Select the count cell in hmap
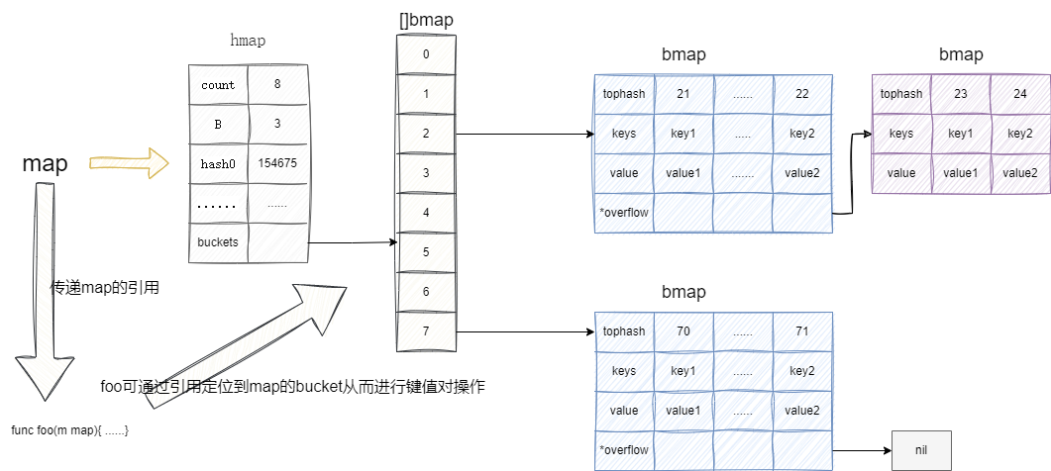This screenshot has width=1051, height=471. [x=218, y=85]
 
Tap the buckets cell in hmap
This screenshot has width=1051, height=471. [x=218, y=242]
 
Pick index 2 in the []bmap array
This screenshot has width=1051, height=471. [x=426, y=134]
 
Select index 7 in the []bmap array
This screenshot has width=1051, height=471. [x=426, y=331]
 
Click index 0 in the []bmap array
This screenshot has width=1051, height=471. [x=426, y=54]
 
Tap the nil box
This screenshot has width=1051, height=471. [x=921, y=450]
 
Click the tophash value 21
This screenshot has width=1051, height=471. [x=683, y=94]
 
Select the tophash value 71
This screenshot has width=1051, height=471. [x=802, y=331]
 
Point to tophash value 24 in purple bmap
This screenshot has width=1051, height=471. [x=1020, y=94]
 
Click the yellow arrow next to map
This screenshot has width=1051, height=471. [x=118, y=162]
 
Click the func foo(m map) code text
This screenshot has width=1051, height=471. [x=70, y=430]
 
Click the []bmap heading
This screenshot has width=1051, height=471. [x=425, y=18]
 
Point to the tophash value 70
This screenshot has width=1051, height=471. [x=683, y=331]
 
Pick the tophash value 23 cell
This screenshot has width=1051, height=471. [x=961, y=94]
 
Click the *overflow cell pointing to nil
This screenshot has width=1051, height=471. [x=624, y=450]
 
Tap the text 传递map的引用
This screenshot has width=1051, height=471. [x=105, y=289]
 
